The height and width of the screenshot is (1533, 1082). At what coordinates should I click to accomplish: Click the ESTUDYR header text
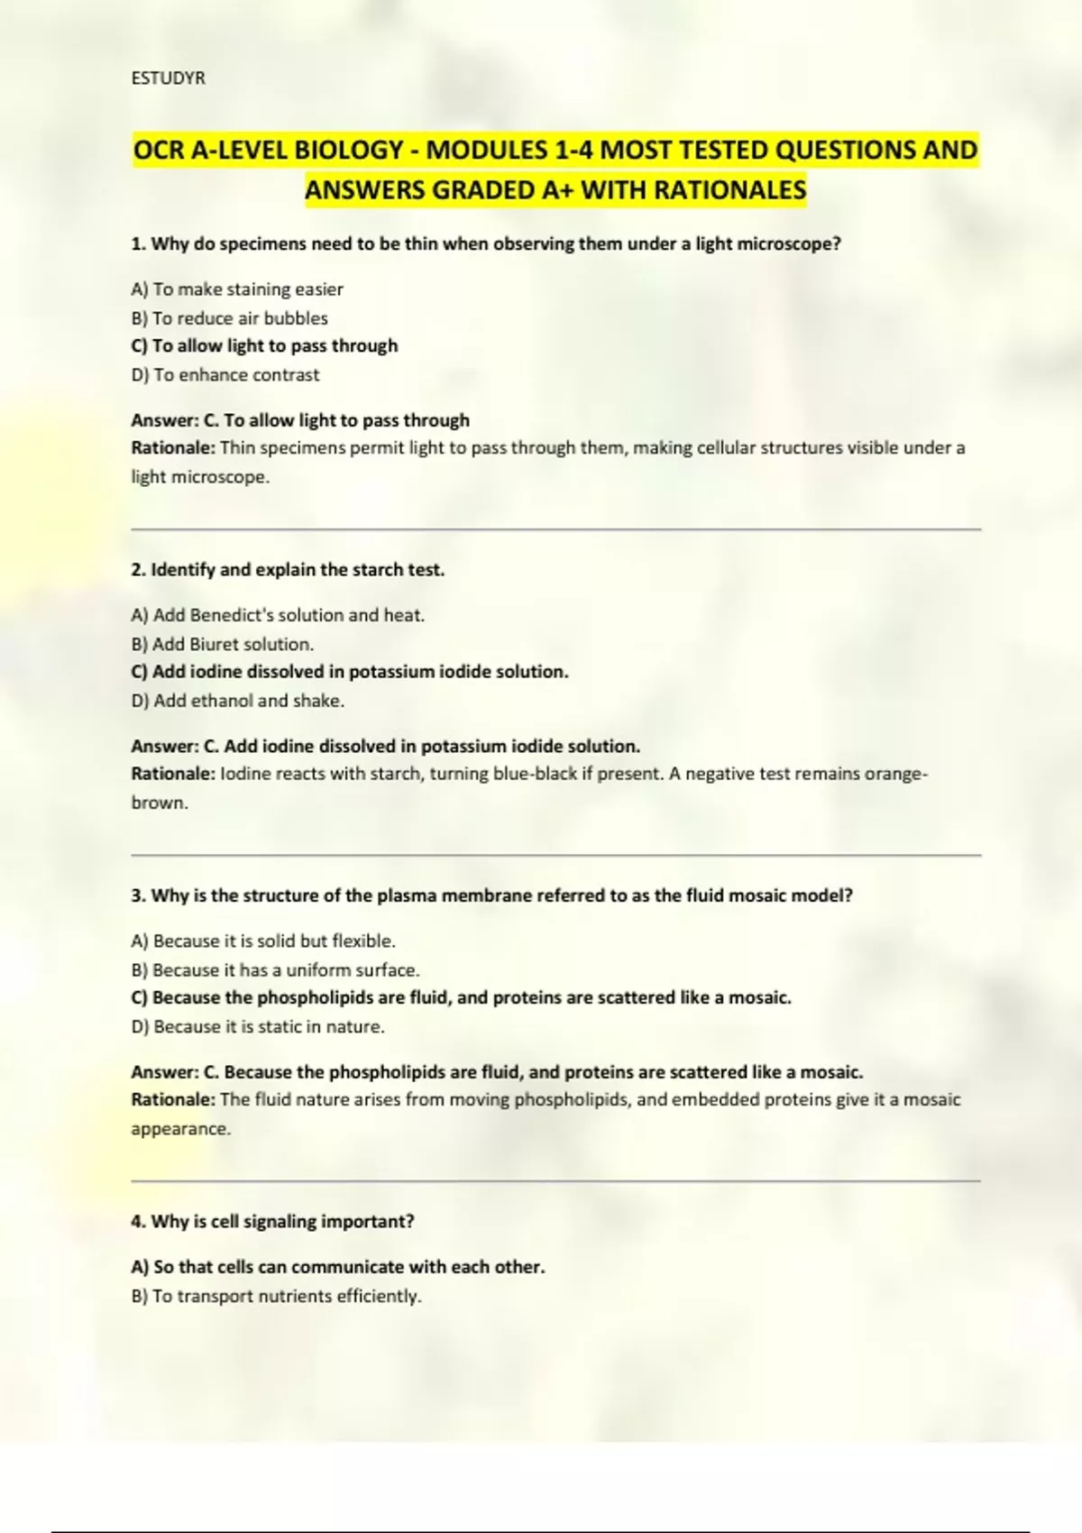pos(168,78)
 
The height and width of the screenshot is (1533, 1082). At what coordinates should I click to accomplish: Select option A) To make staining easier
pos(237,289)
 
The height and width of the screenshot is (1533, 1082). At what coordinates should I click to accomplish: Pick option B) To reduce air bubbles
pos(229,318)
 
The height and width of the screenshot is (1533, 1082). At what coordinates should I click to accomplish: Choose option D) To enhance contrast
pos(225,375)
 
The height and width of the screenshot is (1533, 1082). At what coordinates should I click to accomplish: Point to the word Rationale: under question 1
pos(173,448)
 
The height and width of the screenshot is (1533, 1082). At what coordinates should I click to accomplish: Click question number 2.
pos(138,570)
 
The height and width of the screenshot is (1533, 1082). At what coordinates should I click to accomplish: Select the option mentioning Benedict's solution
pos(278,615)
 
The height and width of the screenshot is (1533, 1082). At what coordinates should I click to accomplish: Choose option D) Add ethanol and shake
pos(238,701)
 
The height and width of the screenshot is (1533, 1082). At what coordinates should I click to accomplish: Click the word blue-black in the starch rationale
pos(535,774)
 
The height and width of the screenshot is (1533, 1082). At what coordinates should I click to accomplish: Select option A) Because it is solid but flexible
pos(263,941)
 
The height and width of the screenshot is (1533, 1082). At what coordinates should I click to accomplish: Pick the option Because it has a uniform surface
pos(275,970)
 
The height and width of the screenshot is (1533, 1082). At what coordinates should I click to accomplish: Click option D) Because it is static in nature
pos(258,1027)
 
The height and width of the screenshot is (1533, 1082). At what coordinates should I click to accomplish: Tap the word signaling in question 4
pos(263,1222)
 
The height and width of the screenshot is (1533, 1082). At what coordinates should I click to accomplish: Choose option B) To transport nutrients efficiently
pos(276,1297)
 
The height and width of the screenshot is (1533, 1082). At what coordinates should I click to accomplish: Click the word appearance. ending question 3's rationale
pos(180,1129)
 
